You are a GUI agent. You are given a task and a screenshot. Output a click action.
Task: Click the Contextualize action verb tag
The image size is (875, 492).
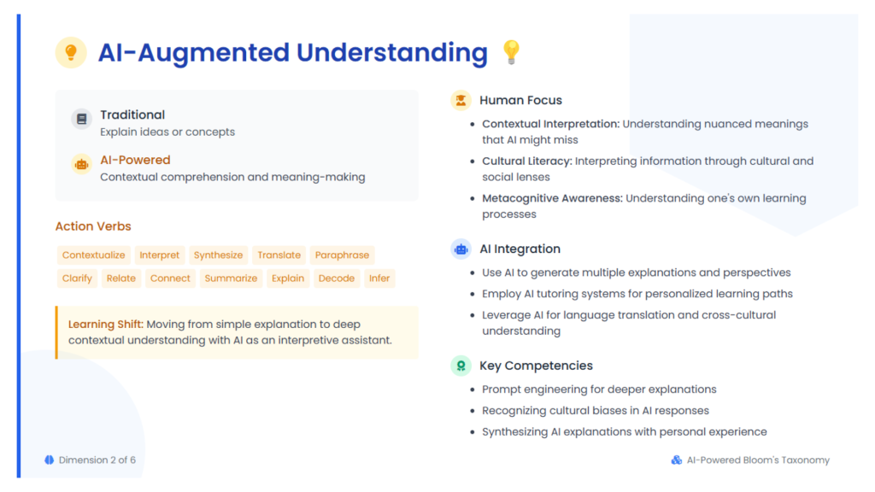(94, 255)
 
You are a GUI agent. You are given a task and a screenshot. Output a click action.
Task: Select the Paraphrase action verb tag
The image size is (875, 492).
(342, 255)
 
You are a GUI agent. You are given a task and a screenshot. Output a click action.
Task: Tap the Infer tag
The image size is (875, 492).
(379, 278)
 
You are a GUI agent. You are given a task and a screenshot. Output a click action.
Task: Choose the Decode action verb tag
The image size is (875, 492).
(337, 278)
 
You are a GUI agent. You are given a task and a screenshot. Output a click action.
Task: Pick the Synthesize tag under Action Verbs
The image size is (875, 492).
(218, 255)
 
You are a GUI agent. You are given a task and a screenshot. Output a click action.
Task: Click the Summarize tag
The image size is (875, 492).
(231, 278)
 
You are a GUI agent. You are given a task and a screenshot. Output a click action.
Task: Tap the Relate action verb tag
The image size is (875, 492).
(121, 278)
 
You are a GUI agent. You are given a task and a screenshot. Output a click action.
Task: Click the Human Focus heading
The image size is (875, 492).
(520, 101)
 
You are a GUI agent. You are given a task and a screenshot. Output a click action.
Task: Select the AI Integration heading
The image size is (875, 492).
(520, 249)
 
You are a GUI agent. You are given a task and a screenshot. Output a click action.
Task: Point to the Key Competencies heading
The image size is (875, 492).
(537, 366)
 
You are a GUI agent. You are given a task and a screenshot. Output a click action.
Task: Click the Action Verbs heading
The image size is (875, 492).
(93, 226)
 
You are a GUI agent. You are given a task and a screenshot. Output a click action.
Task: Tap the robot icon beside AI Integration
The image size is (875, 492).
(461, 249)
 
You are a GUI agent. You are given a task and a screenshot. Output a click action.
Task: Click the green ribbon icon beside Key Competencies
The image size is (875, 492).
(461, 366)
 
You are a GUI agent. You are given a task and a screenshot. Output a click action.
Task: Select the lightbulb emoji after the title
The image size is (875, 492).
(511, 52)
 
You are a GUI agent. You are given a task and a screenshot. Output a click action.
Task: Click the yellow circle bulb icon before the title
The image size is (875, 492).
(71, 52)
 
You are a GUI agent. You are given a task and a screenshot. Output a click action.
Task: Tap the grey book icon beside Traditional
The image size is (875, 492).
(81, 119)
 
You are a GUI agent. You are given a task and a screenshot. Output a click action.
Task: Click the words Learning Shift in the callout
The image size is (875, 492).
(105, 324)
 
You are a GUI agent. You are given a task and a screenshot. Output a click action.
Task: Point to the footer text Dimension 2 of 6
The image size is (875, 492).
(97, 460)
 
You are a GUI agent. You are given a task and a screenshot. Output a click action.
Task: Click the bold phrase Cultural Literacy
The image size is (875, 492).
(526, 161)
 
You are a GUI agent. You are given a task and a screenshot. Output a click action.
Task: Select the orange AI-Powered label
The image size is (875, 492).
(135, 160)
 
